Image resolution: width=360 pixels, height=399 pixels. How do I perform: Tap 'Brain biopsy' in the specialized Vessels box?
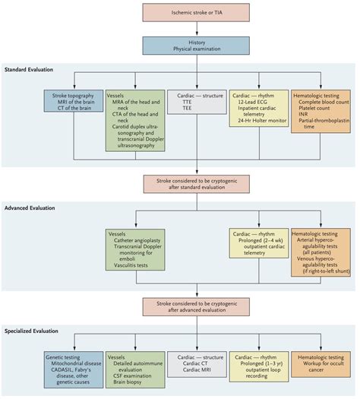pos(131,382)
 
